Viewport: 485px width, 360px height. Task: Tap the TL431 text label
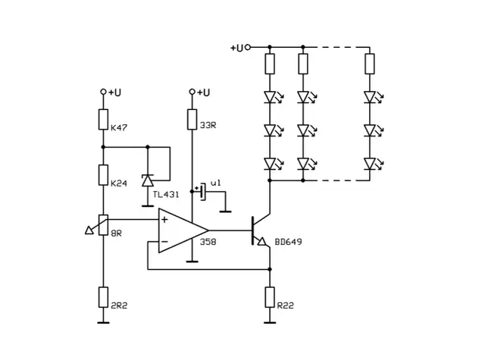point(166,195)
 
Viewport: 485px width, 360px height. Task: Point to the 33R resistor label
point(208,125)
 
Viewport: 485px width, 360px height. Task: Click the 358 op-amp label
point(208,242)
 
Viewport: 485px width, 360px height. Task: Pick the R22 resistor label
point(286,305)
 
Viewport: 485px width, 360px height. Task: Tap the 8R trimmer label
point(117,233)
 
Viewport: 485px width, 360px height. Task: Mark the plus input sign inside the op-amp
point(164,219)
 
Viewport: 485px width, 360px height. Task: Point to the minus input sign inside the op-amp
point(164,242)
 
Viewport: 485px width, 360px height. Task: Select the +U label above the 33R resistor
point(203,92)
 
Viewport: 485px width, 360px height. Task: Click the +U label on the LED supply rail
point(236,47)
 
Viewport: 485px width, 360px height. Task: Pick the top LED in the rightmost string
point(370,97)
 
